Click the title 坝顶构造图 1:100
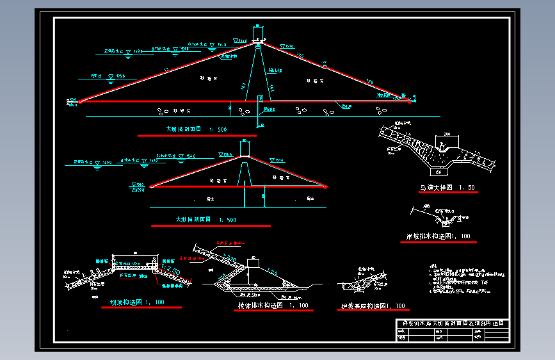coord(138,302)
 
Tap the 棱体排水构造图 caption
coord(273,306)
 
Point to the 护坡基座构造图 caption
coord(373,306)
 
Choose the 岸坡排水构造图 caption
coord(438,236)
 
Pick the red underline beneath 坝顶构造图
coord(141,308)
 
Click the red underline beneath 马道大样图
coord(445,192)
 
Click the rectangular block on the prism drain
coord(253,263)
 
